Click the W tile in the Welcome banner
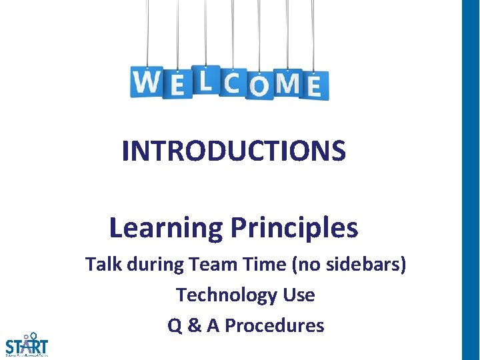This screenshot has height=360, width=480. click(x=146, y=82)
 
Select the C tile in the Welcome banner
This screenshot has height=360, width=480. click(x=232, y=83)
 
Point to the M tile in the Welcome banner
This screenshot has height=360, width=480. click(x=287, y=83)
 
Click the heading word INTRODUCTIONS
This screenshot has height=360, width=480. click(x=234, y=151)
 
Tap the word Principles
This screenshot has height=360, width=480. click(x=294, y=228)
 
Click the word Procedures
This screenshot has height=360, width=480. click(x=274, y=325)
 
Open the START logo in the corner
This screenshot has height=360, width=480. click(x=27, y=345)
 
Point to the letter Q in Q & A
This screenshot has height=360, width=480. click(x=175, y=325)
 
